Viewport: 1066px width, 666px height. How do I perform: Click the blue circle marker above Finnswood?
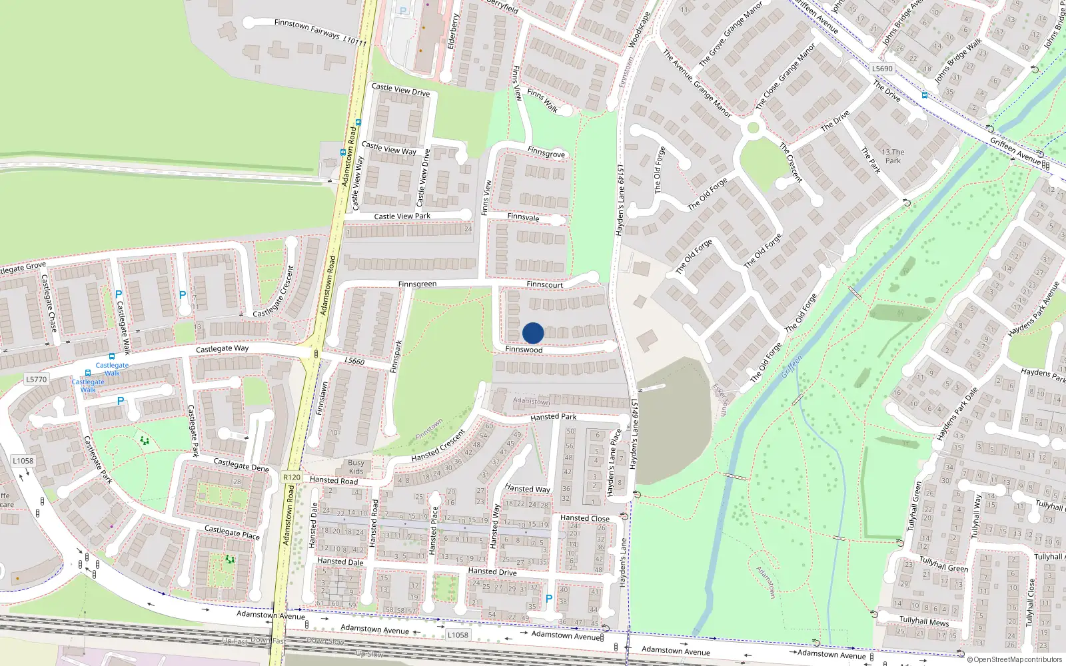click(533, 333)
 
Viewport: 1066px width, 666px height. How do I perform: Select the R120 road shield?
click(292, 477)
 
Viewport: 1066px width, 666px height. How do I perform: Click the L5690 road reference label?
click(882, 69)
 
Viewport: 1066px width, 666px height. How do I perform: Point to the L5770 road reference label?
click(37, 380)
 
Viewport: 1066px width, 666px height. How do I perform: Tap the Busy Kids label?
click(356, 467)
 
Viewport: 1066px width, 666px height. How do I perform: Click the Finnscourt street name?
click(544, 284)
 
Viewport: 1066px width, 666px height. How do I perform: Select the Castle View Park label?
click(402, 216)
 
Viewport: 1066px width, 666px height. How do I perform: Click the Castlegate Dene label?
click(241, 465)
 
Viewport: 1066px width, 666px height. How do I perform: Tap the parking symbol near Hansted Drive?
click(549, 599)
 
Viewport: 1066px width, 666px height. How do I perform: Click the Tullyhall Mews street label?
click(924, 621)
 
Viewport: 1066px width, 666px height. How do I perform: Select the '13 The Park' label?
click(893, 157)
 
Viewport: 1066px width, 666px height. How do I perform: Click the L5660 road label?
click(354, 361)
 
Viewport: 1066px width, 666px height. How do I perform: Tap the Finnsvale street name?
click(523, 217)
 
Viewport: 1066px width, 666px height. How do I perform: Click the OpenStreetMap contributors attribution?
click(1014, 659)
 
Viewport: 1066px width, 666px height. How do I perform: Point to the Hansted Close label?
click(584, 518)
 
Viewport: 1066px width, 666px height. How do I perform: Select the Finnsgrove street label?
click(546, 153)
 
